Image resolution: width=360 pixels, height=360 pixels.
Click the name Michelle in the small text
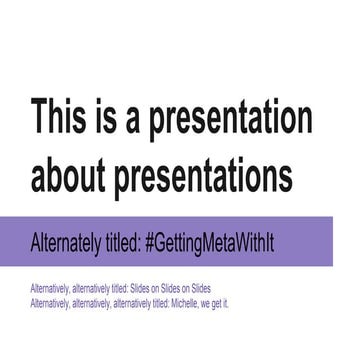pyautogui.click(x=190, y=301)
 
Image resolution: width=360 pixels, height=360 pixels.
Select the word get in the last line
pyautogui.click(x=218, y=302)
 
